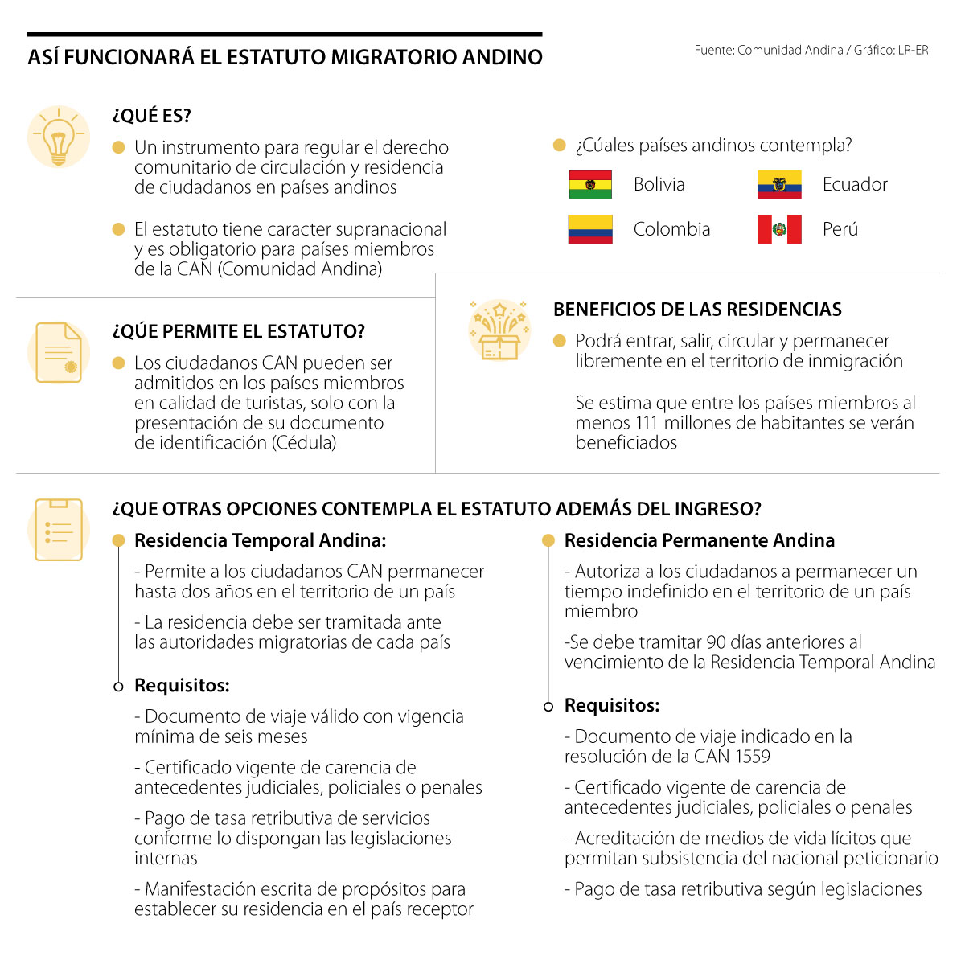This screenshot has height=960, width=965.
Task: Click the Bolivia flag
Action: [x=590, y=185]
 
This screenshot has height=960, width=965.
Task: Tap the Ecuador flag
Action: [x=779, y=185]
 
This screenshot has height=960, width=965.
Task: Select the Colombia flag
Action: [x=590, y=229]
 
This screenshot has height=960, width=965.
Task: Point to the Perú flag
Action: [x=779, y=229]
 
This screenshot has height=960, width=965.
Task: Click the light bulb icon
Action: [x=59, y=137]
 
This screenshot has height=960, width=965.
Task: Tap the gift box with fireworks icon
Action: [x=499, y=330]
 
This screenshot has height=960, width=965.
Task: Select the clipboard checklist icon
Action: [x=59, y=529]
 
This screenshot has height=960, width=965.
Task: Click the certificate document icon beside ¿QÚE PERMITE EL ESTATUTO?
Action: [x=59, y=352]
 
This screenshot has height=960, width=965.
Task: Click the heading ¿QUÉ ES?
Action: [x=152, y=116]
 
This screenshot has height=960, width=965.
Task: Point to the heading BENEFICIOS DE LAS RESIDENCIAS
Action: [x=697, y=310]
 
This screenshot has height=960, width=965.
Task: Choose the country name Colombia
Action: [x=671, y=229]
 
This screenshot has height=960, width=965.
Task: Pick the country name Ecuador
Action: [x=855, y=185]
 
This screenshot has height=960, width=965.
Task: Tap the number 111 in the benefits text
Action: [x=641, y=423]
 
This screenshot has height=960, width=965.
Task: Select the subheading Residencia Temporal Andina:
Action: [x=260, y=540]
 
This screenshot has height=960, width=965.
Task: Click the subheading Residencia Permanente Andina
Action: [x=699, y=540]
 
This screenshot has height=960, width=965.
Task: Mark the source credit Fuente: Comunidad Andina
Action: [x=769, y=50]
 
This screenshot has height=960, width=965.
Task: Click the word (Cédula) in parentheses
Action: [x=304, y=442]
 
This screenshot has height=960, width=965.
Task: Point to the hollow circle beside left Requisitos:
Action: [x=118, y=687]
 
